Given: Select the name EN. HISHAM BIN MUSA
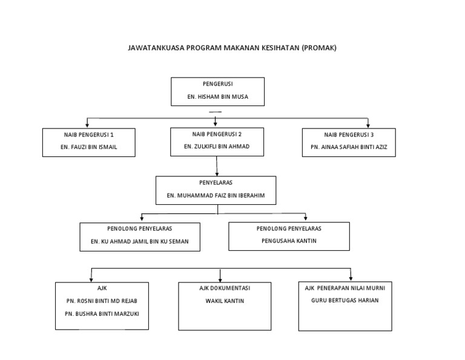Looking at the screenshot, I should click(217, 97).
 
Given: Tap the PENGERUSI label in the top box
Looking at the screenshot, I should click(217, 84).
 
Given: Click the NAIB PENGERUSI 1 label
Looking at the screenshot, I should click(89, 135).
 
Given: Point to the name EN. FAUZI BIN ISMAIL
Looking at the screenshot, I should click(89, 147).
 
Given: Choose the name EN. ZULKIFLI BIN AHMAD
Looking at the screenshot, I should click(216, 147).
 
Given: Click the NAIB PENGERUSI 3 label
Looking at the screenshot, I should click(348, 135).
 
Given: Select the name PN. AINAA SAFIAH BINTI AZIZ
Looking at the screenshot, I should click(349, 147).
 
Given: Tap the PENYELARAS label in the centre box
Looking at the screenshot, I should click(216, 182).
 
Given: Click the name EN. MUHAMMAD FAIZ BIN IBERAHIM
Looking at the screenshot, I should click(216, 196).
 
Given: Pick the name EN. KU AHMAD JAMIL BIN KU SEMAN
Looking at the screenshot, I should click(140, 241).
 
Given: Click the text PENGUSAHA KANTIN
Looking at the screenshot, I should click(288, 241).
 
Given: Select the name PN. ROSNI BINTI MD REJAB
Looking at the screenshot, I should click(102, 301).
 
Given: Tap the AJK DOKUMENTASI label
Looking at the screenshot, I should click(225, 288).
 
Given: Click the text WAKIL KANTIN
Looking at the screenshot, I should click(225, 301).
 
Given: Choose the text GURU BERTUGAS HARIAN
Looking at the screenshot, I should click(345, 301).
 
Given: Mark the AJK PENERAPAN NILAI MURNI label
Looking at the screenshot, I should click(345, 288).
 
